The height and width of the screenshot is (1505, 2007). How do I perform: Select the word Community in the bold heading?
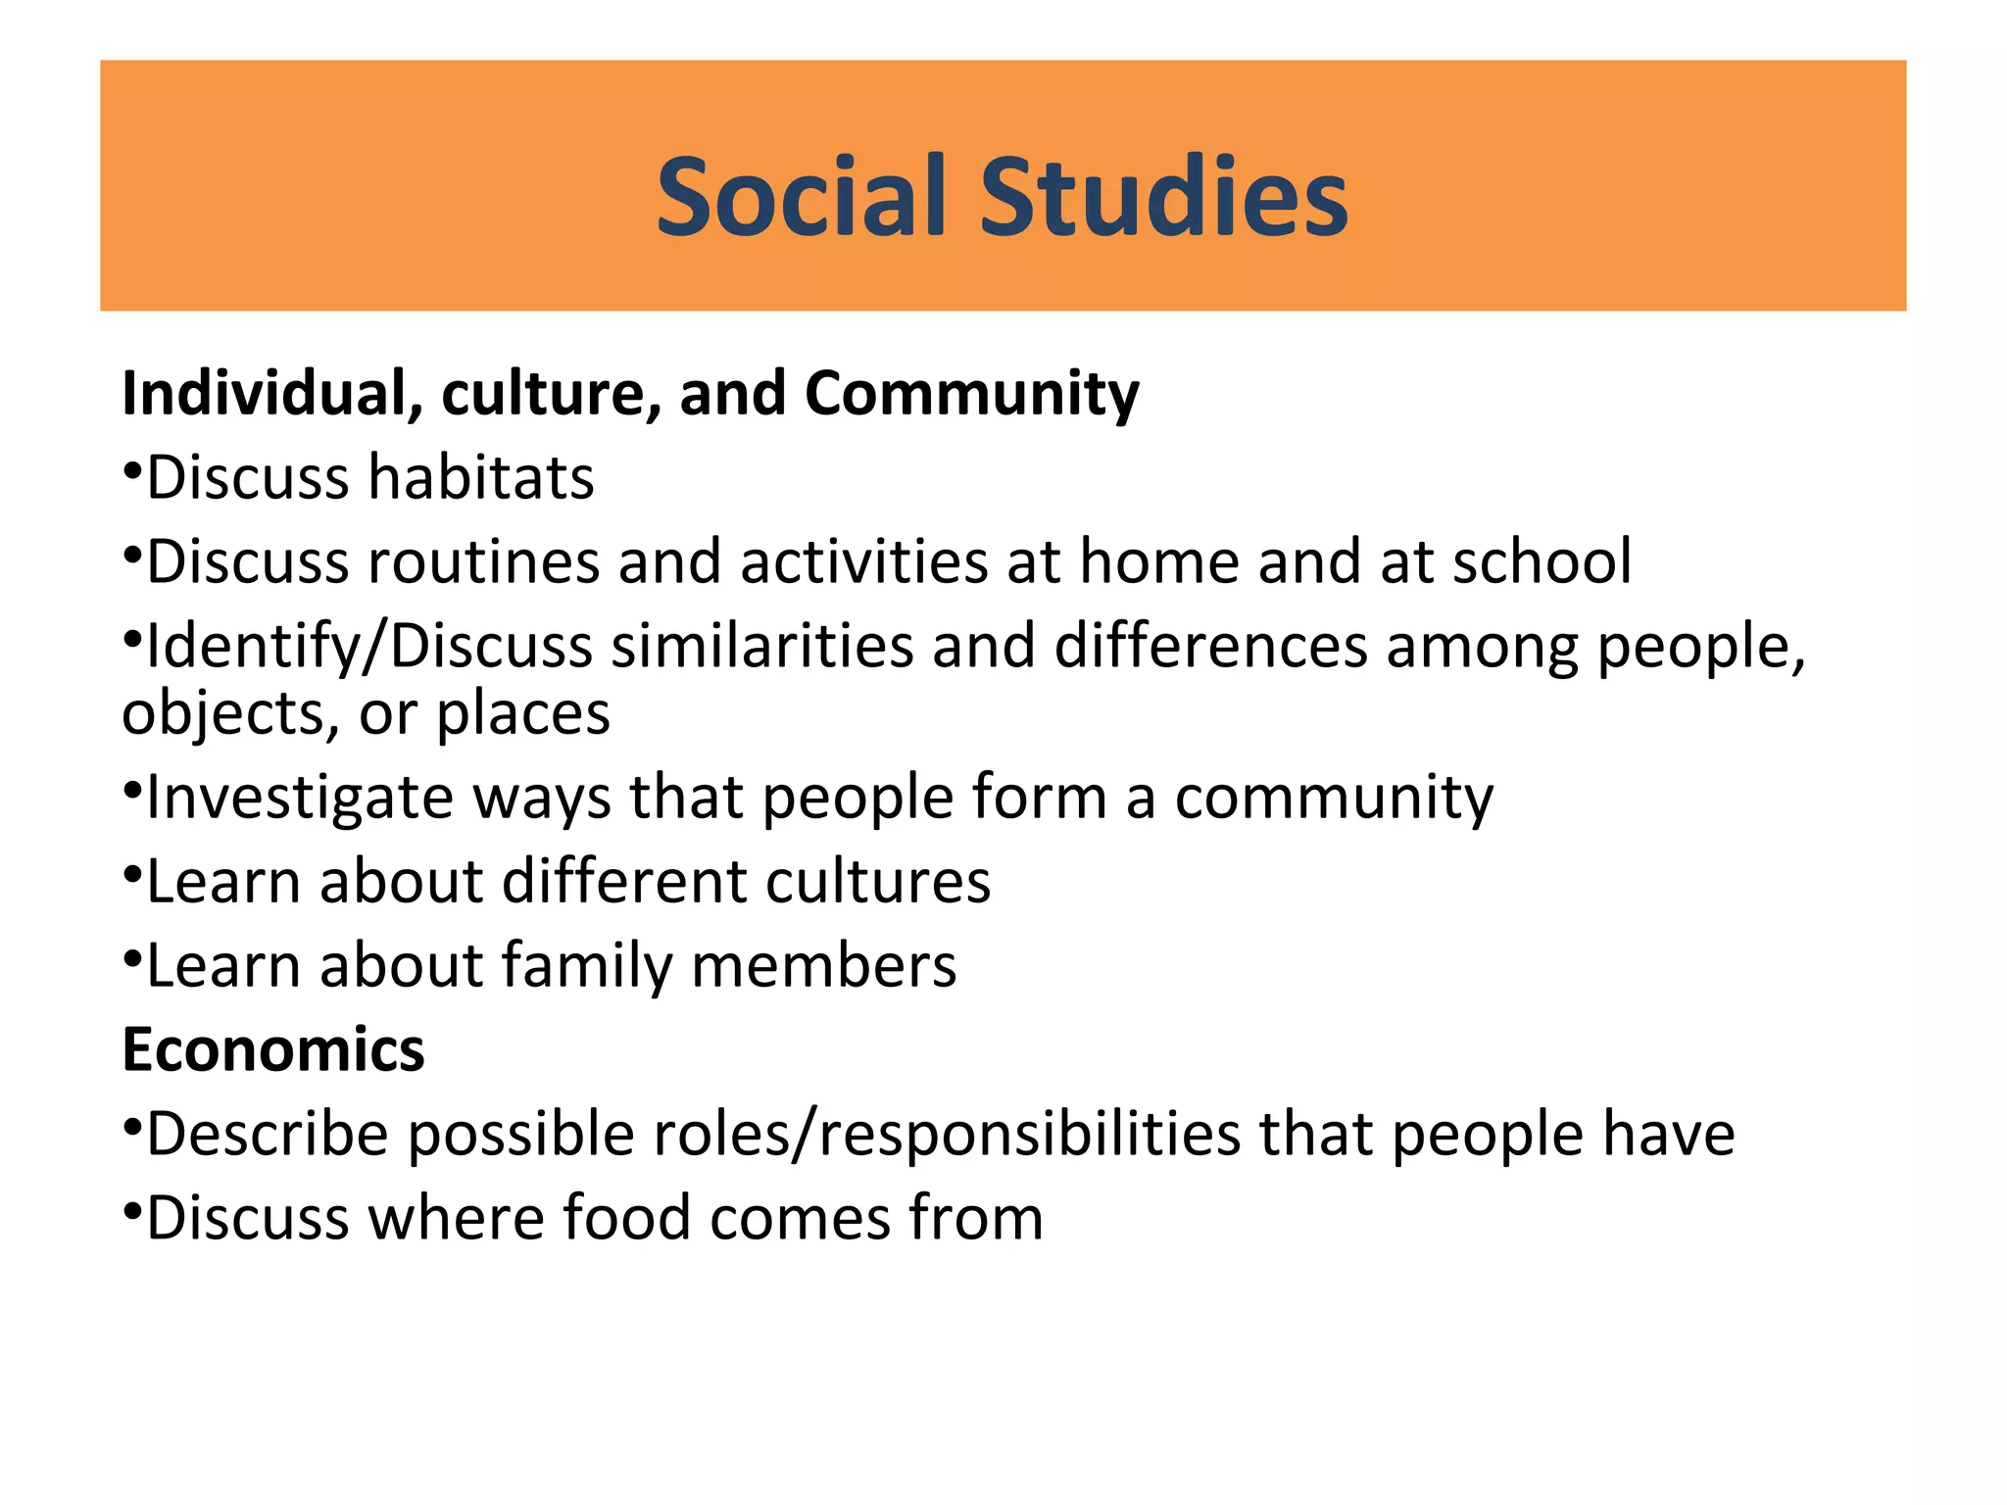(972, 394)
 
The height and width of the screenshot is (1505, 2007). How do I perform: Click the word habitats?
(481, 478)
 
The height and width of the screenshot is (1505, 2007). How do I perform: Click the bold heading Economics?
(273, 1050)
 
